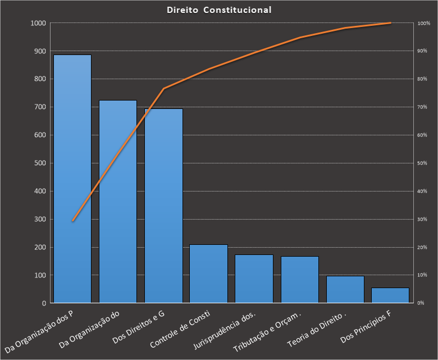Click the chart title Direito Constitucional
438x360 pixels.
pyautogui.click(x=219, y=10)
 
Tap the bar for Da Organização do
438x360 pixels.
pyautogui.click(x=118, y=202)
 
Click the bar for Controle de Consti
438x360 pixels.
pyautogui.click(x=208, y=274)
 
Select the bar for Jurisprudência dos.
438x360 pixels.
pyautogui.click(x=254, y=279)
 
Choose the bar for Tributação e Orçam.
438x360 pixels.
pyautogui.click(x=300, y=280)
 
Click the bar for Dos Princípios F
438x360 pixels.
pyautogui.click(x=390, y=295)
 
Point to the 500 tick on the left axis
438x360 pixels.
pyautogui.click(x=40, y=163)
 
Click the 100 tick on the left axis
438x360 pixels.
pyautogui.click(x=40, y=275)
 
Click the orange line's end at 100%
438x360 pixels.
pyautogui.click(x=390, y=23)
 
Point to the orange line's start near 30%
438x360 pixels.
pyautogui.click(x=72, y=221)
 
